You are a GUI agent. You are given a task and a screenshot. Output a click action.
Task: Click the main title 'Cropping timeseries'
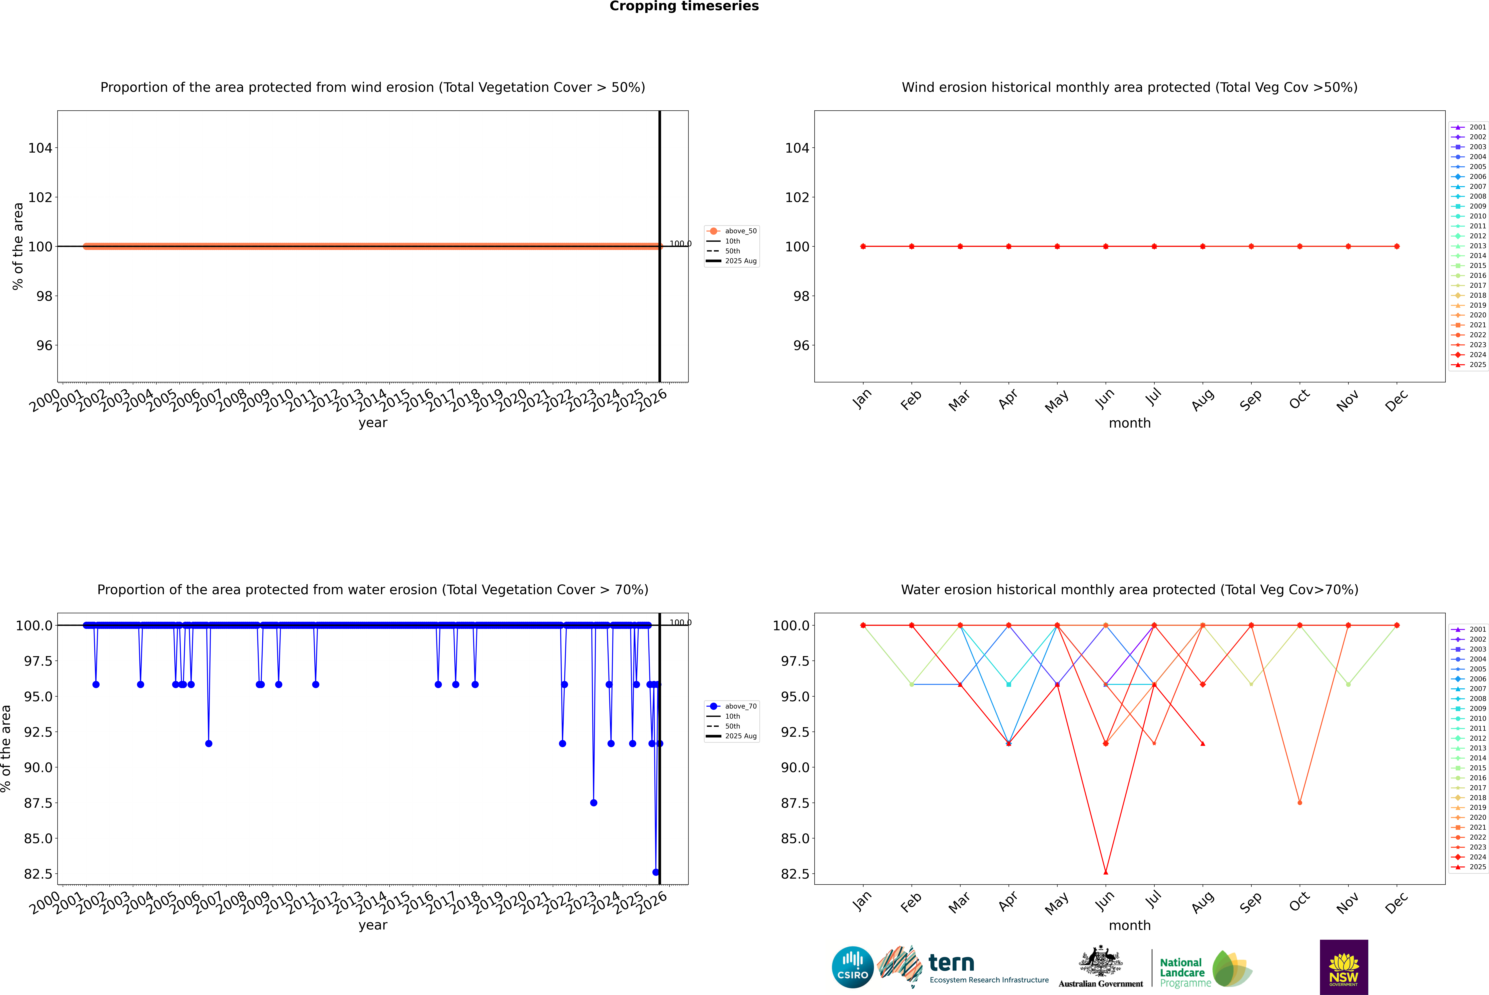point(684,6)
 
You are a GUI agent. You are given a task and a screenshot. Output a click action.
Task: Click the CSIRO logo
point(852,967)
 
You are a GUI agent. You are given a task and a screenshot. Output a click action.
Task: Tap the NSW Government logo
point(1344,967)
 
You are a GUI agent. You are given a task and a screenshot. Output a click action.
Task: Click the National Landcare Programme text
point(1182,972)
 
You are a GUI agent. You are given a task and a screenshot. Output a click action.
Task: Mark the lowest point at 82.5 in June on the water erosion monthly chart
point(1106,872)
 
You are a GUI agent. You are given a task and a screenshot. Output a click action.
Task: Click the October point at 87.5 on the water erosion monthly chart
point(1300,803)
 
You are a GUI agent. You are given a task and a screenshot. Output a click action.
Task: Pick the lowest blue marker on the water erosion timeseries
point(656,872)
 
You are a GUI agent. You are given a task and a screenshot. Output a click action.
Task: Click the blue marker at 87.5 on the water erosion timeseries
point(594,803)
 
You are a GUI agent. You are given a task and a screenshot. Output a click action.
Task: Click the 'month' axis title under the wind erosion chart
point(1129,423)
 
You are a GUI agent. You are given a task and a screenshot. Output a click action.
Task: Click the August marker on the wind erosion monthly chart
point(1203,246)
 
